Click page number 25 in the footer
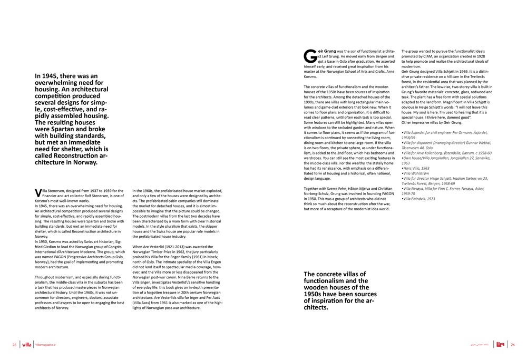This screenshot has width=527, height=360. [x=14, y=345]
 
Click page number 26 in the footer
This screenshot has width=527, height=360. [x=512, y=345]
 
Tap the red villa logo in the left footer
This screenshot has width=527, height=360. [x=27, y=345]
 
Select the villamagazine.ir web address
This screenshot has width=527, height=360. [x=45, y=345]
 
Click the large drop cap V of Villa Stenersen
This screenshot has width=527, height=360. [x=37, y=192]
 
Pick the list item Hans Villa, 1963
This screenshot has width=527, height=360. [x=415, y=168]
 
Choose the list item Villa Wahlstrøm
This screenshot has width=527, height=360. [x=417, y=173]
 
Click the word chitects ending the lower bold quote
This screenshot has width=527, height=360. [x=316, y=307]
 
